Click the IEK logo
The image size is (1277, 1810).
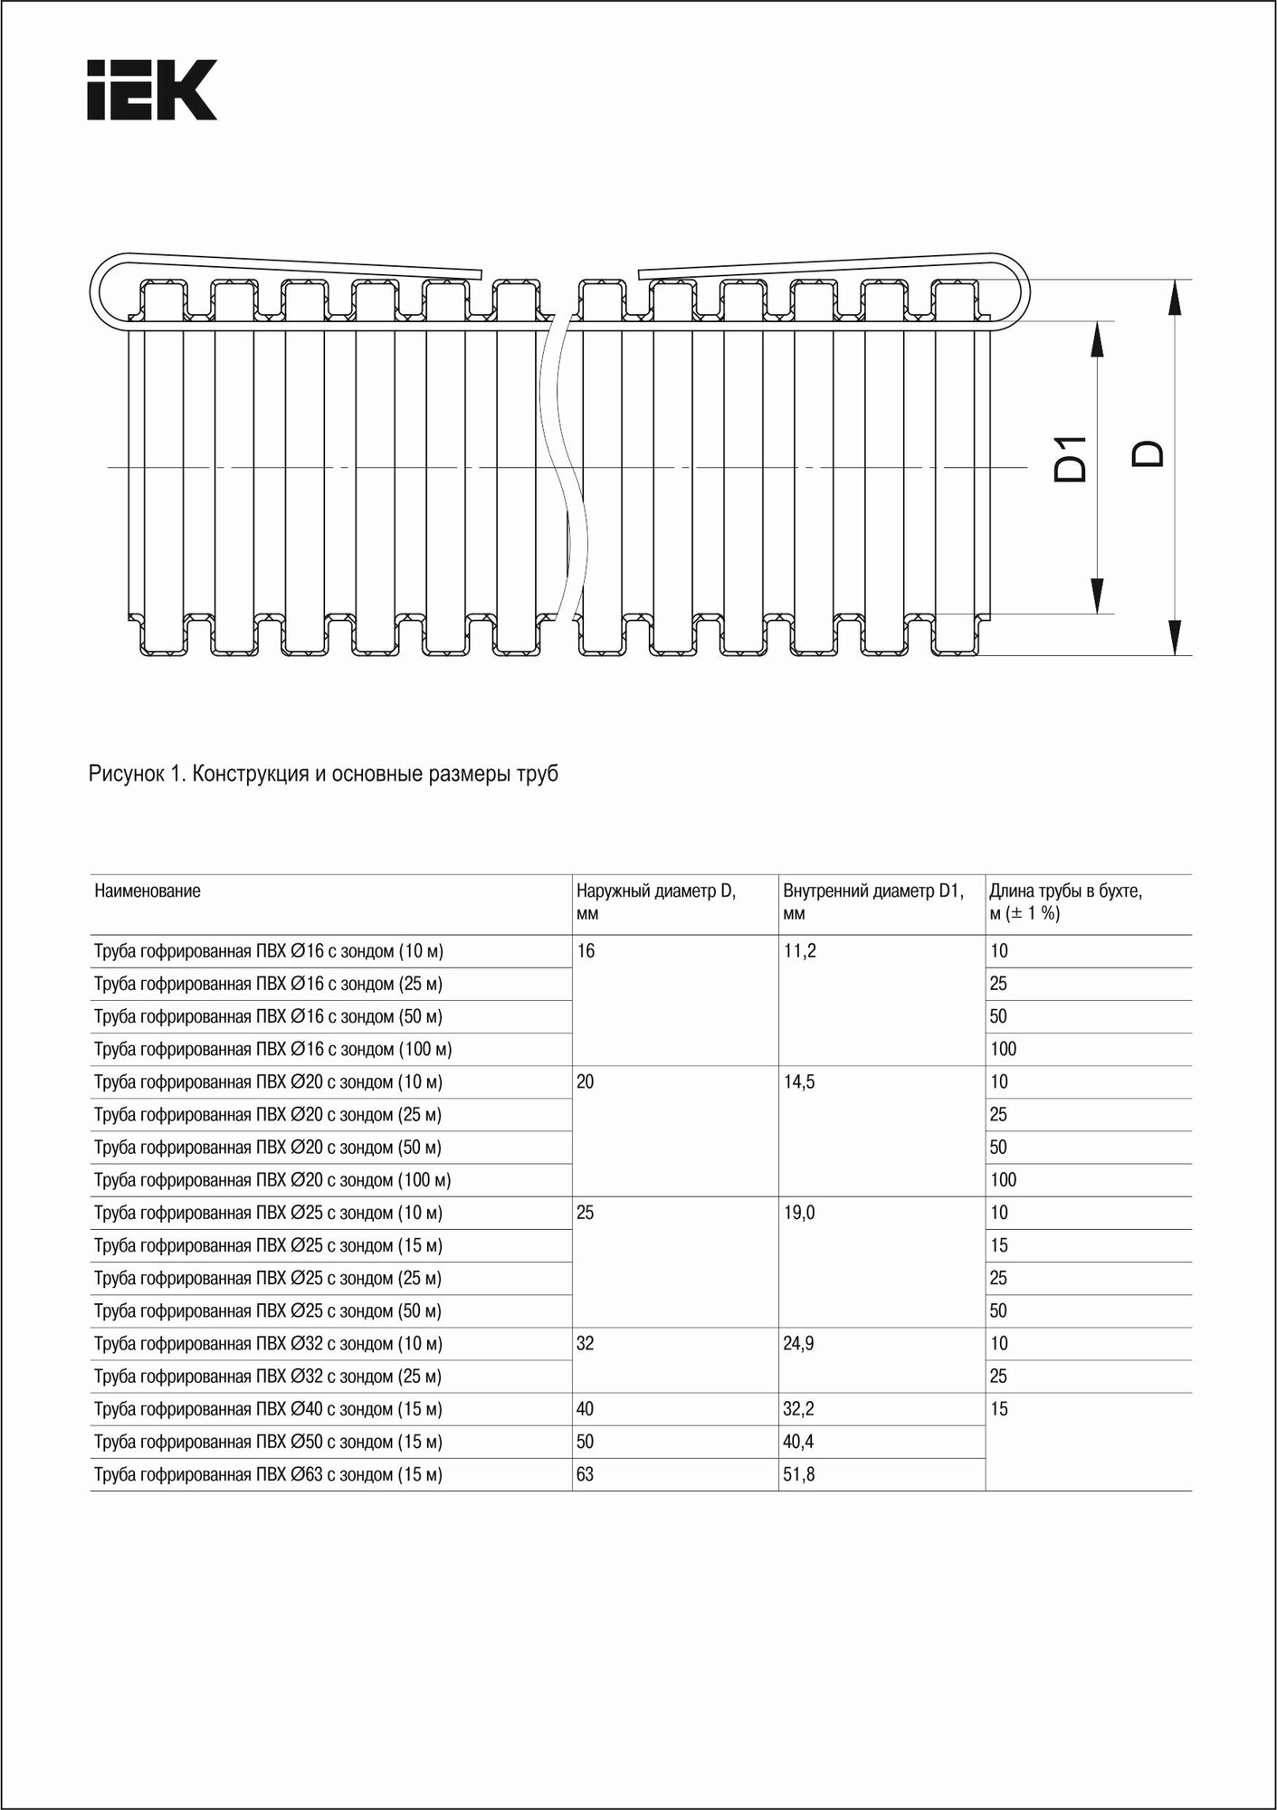coord(151,90)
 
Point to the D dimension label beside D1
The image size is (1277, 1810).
coord(1148,453)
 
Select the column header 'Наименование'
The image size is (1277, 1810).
coord(148,891)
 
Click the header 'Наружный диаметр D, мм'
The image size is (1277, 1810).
coord(656,901)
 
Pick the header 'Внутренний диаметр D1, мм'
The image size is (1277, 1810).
coord(872,901)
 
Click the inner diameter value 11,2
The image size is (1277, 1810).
coord(800,951)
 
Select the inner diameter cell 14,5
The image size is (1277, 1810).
coord(800,1081)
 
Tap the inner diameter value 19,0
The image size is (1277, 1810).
coord(800,1213)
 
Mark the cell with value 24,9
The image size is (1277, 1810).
coord(799,1343)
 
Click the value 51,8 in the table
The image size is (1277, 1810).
coord(799,1474)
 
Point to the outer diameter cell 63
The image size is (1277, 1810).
coord(586,1474)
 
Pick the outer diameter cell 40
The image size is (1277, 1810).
coord(586,1409)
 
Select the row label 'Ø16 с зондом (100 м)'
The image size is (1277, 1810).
coord(272,1049)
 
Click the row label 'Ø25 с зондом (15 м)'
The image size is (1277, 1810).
coord(268,1245)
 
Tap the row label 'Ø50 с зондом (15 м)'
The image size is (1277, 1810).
coord(268,1442)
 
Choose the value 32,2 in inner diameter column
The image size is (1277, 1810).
coord(799,1409)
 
